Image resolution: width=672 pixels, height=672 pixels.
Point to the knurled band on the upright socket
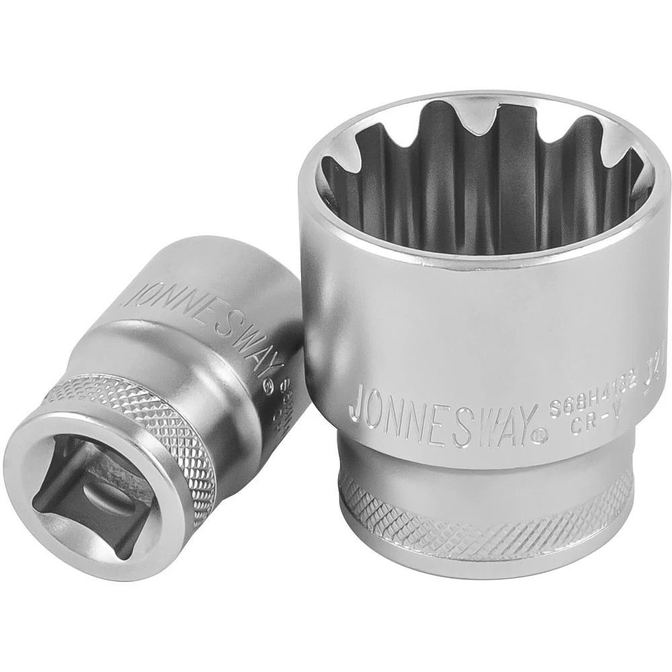(x=484, y=514)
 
